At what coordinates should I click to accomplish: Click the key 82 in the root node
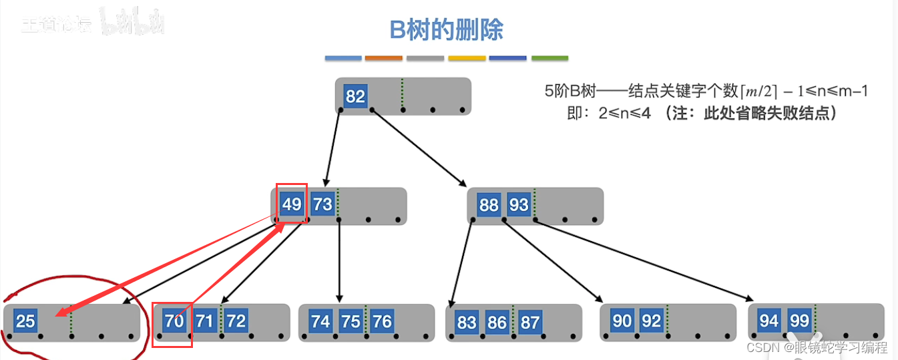click(x=355, y=96)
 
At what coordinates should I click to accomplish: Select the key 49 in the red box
click(x=292, y=204)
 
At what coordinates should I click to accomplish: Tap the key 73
click(x=322, y=204)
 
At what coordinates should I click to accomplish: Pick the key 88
click(x=489, y=204)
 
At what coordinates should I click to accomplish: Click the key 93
click(x=519, y=204)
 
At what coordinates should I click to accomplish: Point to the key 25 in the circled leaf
click(x=25, y=321)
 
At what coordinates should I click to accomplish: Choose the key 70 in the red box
click(x=174, y=321)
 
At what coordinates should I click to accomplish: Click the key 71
click(x=205, y=321)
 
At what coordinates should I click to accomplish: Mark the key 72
click(x=236, y=321)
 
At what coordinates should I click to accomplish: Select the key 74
click(x=320, y=321)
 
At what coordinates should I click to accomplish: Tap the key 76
click(x=382, y=321)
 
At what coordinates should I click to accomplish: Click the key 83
click(x=467, y=323)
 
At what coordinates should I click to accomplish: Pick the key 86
click(x=497, y=323)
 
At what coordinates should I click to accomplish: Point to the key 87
click(x=529, y=323)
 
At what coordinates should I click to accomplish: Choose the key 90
click(x=622, y=321)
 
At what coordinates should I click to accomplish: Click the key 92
click(x=651, y=321)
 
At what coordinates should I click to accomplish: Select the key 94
click(x=769, y=321)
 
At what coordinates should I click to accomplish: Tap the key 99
click(x=799, y=321)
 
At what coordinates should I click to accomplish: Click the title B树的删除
click(x=446, y=30)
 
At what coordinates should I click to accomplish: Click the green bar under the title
click(x=549, y=59)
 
